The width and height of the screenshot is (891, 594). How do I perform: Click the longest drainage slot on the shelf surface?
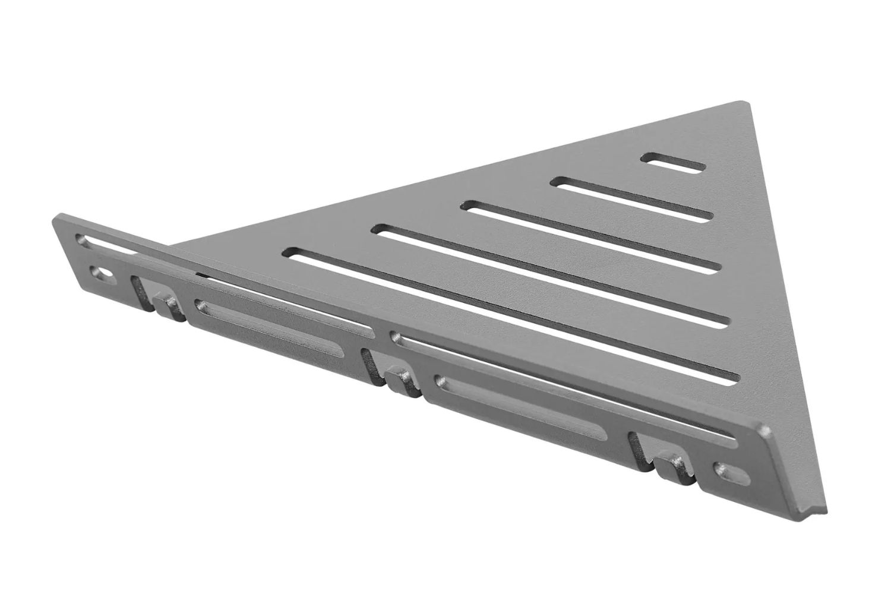pos(511,315)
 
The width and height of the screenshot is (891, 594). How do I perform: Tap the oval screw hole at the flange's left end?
pos(100,274)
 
